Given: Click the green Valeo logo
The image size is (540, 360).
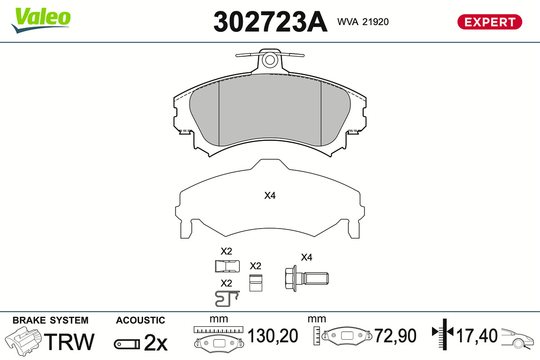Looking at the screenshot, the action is [x=41, y=20].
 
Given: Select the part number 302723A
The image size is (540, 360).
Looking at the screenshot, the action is [x=270, y=22].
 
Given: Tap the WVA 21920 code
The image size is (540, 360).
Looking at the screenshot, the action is [x=363, y=22].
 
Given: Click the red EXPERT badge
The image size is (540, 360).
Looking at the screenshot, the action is [x=490, y=22].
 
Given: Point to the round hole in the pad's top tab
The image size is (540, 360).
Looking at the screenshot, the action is [x=270, y=60].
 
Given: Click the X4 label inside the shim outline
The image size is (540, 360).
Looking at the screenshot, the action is [x=270, y=196].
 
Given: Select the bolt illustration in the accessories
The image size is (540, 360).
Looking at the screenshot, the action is [x=306, y=279].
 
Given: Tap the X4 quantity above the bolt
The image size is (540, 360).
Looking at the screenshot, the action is [x=306, y=257].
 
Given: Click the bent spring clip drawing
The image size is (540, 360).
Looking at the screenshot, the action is [x=227, y=299].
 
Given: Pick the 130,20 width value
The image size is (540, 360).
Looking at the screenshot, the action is [x=273, y=336].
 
